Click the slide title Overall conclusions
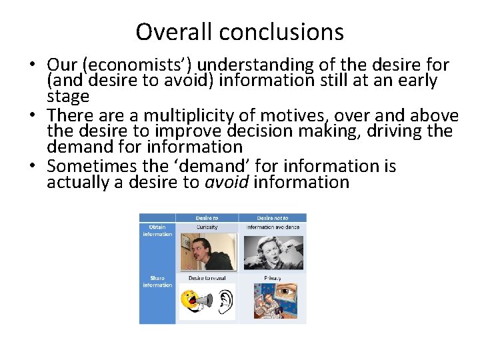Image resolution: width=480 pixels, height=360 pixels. [240, 31]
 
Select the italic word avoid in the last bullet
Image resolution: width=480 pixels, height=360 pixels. [226, 182]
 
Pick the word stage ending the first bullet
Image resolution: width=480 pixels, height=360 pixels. [68, 97]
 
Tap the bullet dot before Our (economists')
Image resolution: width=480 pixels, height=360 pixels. [31, 66]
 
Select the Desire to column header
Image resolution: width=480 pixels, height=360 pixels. [207, 218]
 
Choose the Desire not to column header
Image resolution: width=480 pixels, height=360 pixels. [272, 218]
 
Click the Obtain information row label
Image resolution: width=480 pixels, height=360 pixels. [157, 231]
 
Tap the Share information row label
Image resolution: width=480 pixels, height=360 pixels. [157, 281]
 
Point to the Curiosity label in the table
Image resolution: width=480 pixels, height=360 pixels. [207, 227]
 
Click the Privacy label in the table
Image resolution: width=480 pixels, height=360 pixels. [272, 278]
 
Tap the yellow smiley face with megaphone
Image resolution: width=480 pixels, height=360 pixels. [194, 301]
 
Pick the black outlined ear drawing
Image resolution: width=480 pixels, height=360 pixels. [225, 301]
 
